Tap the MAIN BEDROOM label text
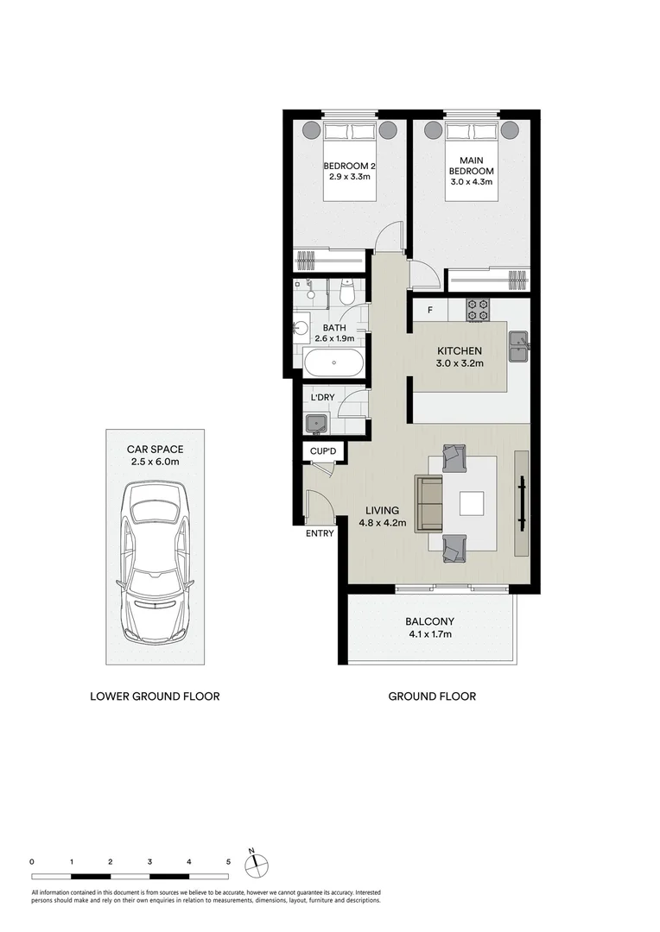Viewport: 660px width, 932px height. (x=471, y=171)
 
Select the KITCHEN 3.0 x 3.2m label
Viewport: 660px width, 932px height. (x=459, y=357)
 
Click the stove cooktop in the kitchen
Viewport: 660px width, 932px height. (x=478, y=309)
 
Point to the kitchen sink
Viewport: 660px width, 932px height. (x=518, y=349)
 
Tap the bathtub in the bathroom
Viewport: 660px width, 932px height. (x=333, y=362)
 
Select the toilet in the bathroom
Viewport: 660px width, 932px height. (x=346, y=293)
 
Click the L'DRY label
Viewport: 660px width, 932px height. (x=323, y=397)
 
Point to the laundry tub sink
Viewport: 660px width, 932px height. (x=315, y=423)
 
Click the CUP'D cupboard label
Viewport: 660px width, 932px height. (x=324, y=451)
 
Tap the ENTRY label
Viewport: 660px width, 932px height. (x=320, y=533)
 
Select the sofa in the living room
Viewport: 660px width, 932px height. (x=429, y=503)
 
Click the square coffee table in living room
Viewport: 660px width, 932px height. (x=473, y=503)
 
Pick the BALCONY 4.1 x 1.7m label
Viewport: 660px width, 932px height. (x=429, y=627)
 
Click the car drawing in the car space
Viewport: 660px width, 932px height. (x=155, y=564)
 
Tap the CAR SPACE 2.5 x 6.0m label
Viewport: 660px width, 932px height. (x=155, y=456)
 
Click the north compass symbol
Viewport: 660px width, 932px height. (x=257, y=864)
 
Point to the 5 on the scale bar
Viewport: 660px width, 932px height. (x=228, y=861)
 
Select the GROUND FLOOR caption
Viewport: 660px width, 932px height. (x=432, y=696)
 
